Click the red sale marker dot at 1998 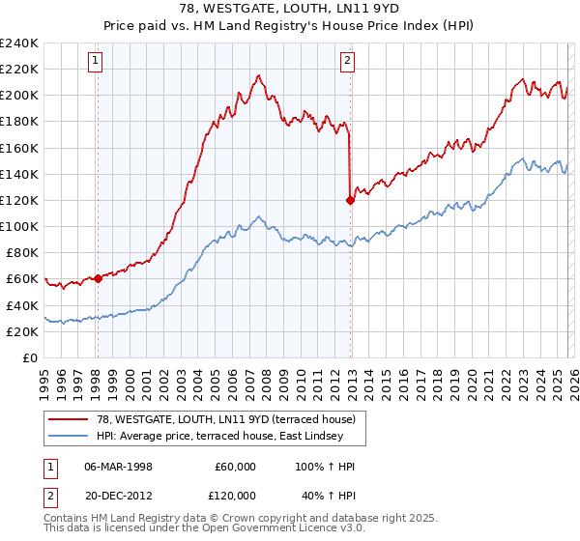[98, 278]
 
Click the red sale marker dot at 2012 [350, 200]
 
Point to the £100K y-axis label [18, 226]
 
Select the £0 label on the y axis [29, 357]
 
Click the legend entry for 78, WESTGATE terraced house [217, 419]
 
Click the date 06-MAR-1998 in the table [118, 467]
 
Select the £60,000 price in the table [235, 467]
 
